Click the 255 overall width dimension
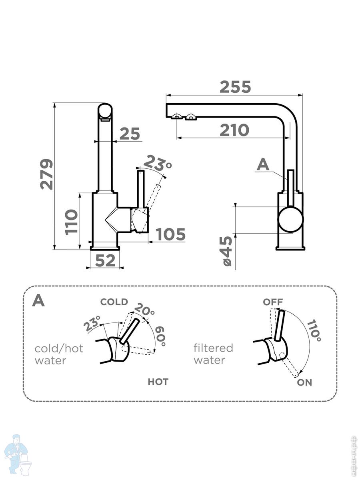pos(235,87)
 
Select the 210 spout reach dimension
pos(234,130)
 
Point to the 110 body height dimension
pos(72,222)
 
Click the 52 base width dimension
pos(105,261)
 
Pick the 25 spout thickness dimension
pos(130,134)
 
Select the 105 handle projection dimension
pos(170,234)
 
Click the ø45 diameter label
pos(226,251)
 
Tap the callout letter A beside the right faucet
pos(263,164)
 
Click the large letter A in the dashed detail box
pos(38,301)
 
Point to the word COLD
pos(114,302)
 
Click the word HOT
pos(158,382)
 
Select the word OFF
pos(273,302)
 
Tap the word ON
pos(304,382)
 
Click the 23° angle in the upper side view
pos(157,164)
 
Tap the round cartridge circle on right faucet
pos(291,220)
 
